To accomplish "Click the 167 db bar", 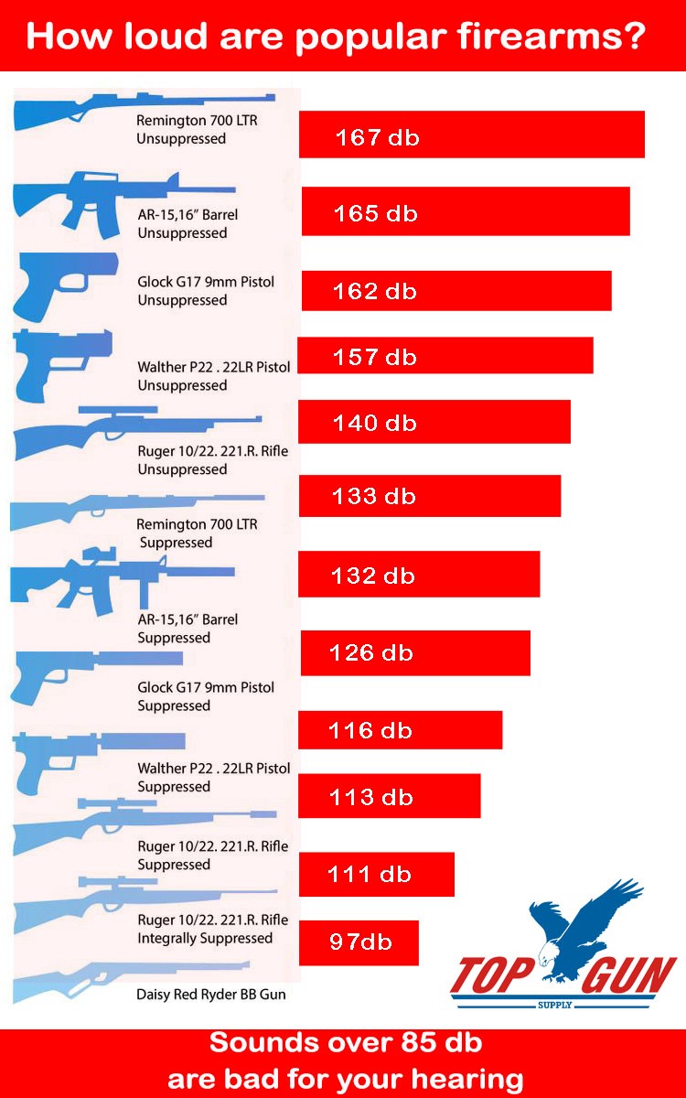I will [471, 135].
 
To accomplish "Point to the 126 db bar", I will [415, 653].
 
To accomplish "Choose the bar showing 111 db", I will [376, 875].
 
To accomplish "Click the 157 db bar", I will [445, 356].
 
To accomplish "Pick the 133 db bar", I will [430, 496].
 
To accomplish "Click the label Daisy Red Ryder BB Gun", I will [211, 994].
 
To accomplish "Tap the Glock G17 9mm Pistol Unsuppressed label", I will [206, 290].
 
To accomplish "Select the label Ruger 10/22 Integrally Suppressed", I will [212, 929].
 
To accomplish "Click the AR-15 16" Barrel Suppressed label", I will [188, 628].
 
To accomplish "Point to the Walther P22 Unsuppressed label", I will [214, 375].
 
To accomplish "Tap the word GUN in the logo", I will [628, 978].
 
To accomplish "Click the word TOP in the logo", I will [495, 978].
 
